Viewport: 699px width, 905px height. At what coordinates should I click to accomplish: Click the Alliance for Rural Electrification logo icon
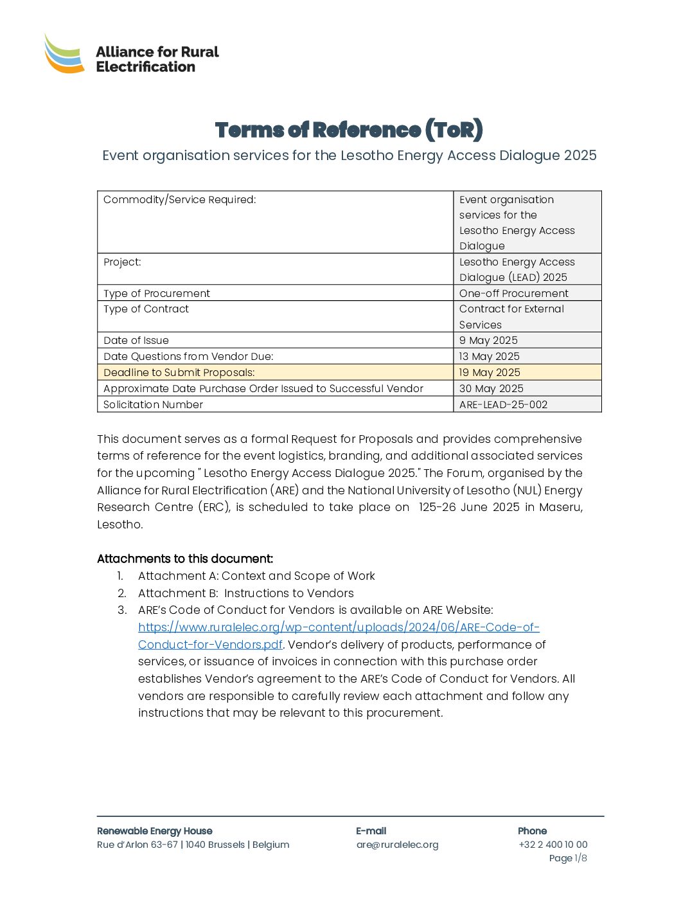point(64,54)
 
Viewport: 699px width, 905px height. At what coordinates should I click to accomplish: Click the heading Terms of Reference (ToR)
point(349,130)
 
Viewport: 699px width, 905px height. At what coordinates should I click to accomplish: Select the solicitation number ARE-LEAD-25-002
point(503,405)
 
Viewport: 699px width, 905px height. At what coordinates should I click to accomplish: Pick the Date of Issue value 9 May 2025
point(488,341)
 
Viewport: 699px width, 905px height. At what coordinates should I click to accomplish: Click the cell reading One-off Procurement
point(513,294)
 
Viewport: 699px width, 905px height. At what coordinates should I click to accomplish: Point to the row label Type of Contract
point(146,309)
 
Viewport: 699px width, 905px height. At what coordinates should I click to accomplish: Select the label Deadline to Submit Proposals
point(179,373)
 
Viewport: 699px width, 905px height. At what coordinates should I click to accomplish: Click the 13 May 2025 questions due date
point(489,357)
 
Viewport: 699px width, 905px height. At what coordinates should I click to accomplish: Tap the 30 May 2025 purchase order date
point(491,389)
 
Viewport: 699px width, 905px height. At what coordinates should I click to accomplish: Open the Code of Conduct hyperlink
point(339,628)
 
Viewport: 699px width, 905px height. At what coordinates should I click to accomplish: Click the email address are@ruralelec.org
point(397,845)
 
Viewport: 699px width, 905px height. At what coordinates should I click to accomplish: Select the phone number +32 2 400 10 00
point(553,845)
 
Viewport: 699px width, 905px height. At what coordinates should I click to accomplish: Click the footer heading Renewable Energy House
point(154,831)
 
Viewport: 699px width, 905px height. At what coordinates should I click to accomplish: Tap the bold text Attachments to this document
point(185,559)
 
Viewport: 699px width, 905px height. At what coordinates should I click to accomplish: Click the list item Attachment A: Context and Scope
point(256,577)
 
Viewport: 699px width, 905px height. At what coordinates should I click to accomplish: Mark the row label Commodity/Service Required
point(179,200)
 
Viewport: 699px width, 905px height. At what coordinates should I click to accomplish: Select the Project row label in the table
point(122,262)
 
